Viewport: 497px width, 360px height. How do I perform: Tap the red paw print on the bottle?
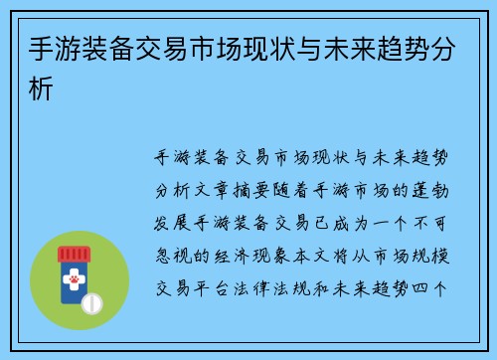75,282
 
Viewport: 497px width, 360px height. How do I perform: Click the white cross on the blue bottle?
75,268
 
